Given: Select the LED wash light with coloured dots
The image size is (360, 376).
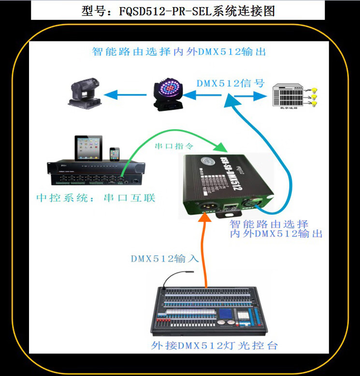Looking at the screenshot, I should (x=166, y=94).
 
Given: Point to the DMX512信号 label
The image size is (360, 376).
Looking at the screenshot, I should (x=230, y=83).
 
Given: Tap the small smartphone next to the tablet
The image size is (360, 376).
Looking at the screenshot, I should (x=115, y=154).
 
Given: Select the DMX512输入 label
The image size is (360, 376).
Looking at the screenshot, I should (x=165, y=258).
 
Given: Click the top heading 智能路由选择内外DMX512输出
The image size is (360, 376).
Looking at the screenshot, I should (x=179, y=52).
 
